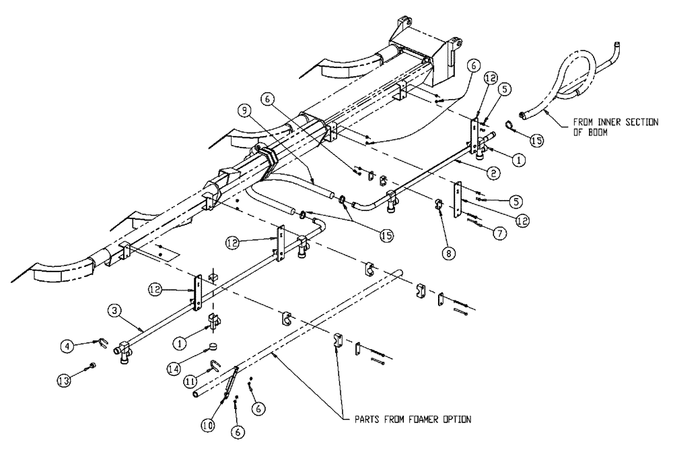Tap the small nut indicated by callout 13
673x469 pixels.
coord(93,367)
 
